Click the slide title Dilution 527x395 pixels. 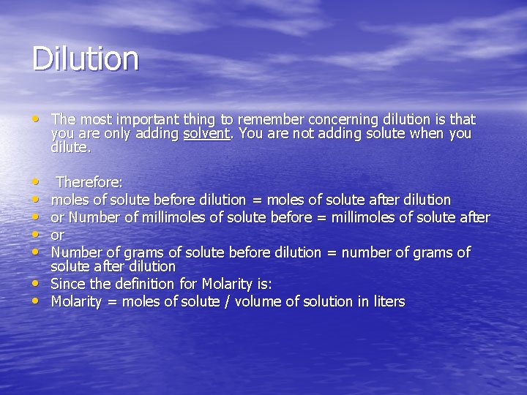[85, 59]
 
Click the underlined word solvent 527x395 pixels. [206, 133]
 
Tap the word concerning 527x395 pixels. [343, 119]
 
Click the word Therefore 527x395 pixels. [89, 182]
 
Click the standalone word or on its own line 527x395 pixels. [58, 236]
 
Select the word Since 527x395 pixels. [68, 284]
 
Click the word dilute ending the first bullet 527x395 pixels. [70, 147]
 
